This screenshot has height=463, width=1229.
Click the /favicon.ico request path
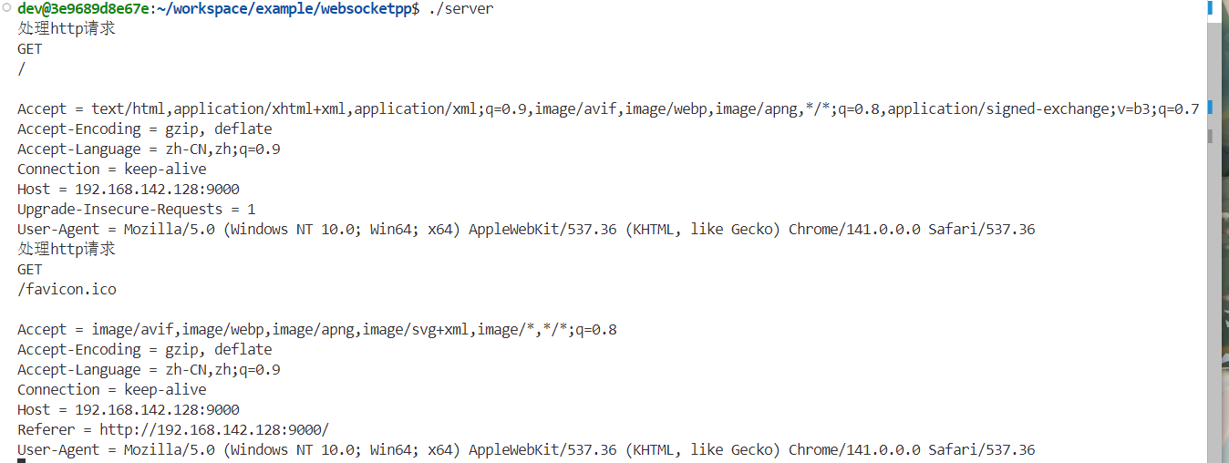click(x=67, y=289)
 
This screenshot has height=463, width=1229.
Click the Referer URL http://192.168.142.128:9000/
click(x=214, y=429)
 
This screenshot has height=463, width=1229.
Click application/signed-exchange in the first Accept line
click(x=998, y=108)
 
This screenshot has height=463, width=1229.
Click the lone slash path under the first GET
click(x=21, y=68)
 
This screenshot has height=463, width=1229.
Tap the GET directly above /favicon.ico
click(x=29, y=269)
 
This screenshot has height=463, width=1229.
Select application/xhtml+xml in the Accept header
click(x=259, y=108)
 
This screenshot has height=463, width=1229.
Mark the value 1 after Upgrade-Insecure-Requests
click(x=252, y=209)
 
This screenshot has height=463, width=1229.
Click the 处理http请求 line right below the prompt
click(x=67, y=28)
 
